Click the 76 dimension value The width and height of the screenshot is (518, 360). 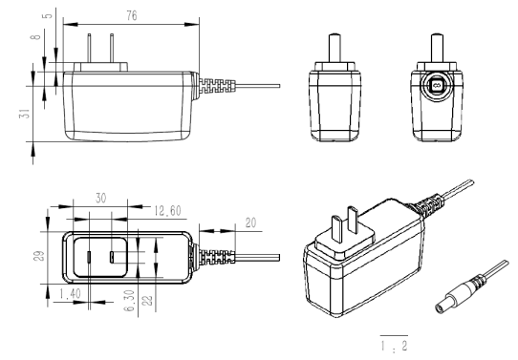tap(132, 15)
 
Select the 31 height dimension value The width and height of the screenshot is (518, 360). tap(26, 114)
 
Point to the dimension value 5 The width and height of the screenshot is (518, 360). tap(48, 15)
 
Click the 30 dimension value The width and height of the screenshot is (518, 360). tap(100, 198)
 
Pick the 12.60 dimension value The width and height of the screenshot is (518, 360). tap(167, 211)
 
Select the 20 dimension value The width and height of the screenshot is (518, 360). tap(250, 223)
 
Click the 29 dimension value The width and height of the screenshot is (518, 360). tap(39, 256)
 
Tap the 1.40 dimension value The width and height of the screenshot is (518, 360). tap(70, 294)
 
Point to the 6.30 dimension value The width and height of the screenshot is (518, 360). tap(130, 301)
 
